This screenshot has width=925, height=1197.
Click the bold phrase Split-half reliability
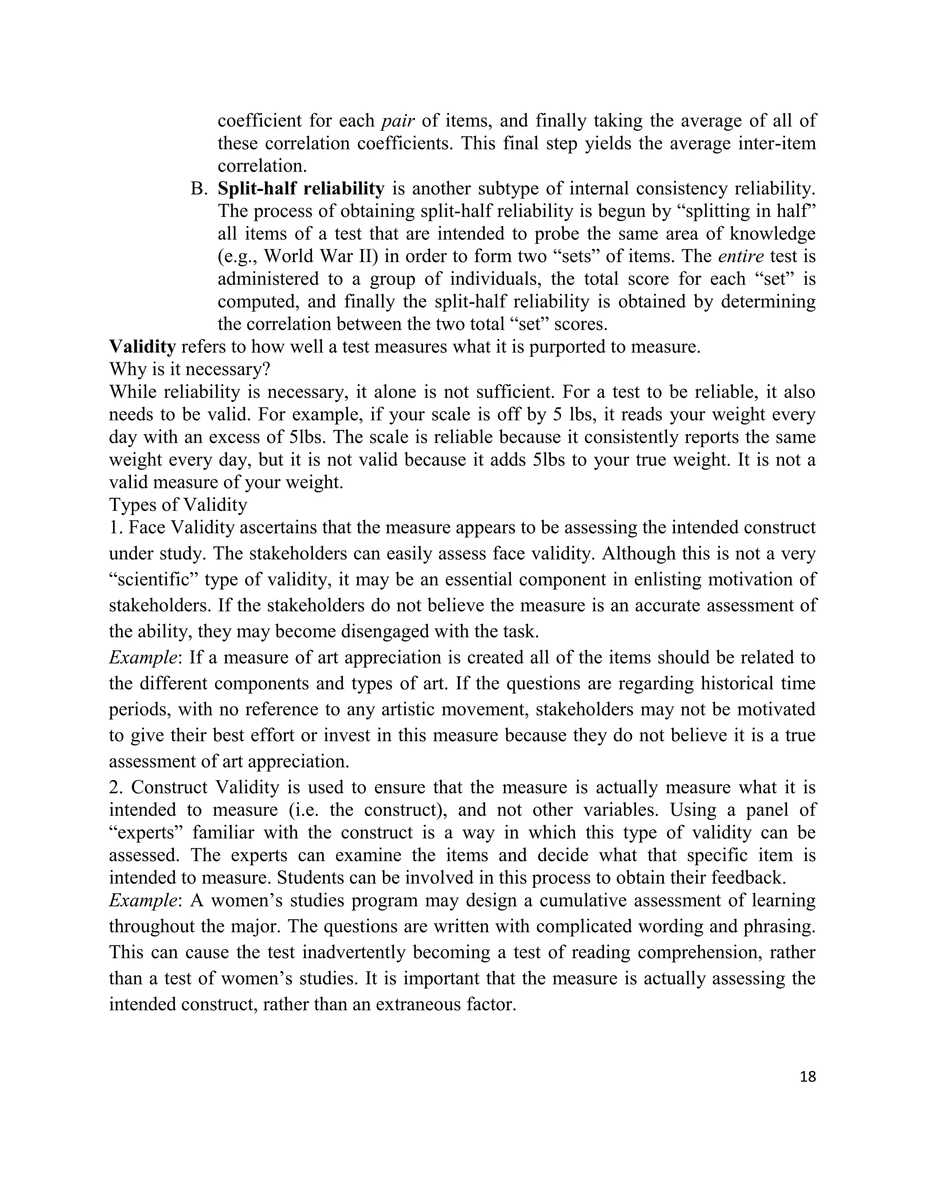[301, 188]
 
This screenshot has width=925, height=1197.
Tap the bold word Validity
[142, 347]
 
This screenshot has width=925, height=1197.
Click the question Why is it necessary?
[190, 369]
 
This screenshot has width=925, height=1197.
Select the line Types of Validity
[178, 504]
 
